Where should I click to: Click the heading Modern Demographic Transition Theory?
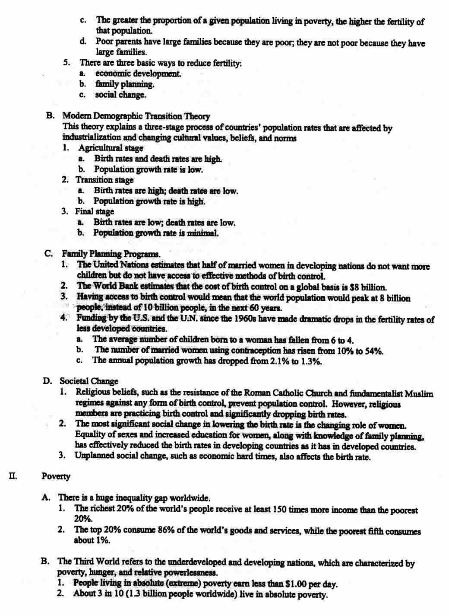[x=136, y=116]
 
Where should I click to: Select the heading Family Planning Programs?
[x=111, y=254]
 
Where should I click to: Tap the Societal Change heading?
[x=89, y=381]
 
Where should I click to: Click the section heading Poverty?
[x=56, y=476]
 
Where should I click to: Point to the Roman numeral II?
[x=13, y=476]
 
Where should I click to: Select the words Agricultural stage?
[x=111, y=148]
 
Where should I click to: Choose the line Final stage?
[x=95, y=211]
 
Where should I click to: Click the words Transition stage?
[x=105, y=180]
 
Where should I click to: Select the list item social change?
[x=121, y=95]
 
